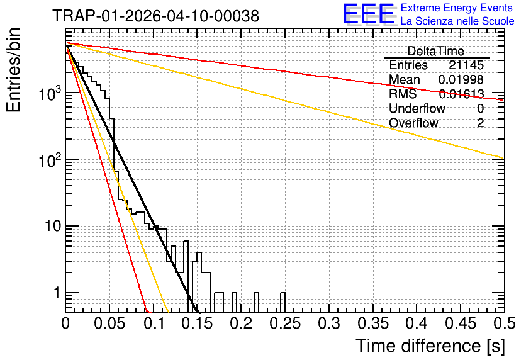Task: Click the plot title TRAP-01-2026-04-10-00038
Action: coord(155,16)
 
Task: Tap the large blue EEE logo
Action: coord(369,14)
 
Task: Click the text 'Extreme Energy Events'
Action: coord(456,8)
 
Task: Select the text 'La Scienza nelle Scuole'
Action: coord(457,21)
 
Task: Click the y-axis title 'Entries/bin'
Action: coord(13,70)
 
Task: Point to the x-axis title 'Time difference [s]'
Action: coord(430,346)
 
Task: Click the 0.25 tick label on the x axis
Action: coord(285,323)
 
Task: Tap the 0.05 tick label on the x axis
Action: coord(109,323)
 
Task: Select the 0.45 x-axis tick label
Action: coord(461,323)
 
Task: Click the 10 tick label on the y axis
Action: coord(53,226)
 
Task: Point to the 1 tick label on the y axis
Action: coord(57,293)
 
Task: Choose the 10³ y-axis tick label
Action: coord(50,93)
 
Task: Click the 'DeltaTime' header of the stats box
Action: coord(436,51)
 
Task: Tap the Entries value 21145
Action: coord(466,65)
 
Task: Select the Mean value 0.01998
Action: coord(461,79)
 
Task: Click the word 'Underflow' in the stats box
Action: coord(417,108)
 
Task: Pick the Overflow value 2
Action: coord(480,123)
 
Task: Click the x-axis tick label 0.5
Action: coord(505,323)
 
